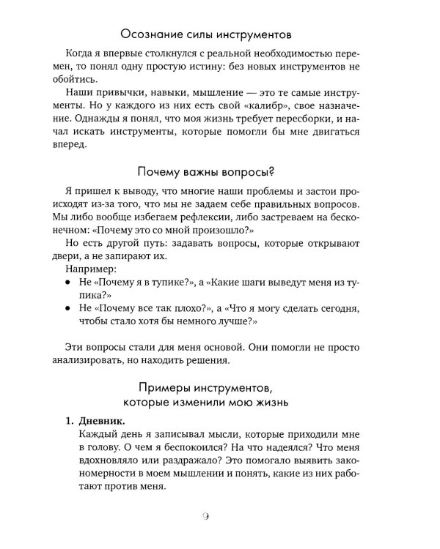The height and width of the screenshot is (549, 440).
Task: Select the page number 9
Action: [x=220, y=518]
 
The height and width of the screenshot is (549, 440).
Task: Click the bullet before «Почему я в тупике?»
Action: [x=68, y=281]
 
